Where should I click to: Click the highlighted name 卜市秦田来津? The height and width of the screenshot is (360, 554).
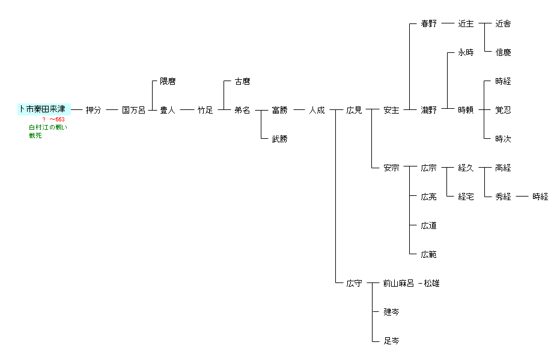tap(44, 109)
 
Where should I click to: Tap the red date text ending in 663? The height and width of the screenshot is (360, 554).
tap(53, 120)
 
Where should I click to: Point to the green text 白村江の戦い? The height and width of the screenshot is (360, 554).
tap(48, 127)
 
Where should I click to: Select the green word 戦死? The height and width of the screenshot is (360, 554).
tap(35, 135)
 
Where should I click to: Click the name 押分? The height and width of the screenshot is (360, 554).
tap(93, 110)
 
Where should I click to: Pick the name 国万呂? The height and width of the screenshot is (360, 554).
tap(133, 110)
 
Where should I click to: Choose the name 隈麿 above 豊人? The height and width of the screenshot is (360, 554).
tap(168, 81)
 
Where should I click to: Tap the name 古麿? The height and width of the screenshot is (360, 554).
tap(242, 81)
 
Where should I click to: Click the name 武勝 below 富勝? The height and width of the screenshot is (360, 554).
tap(279, 139)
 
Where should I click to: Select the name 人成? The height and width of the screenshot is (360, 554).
tap(317, 110)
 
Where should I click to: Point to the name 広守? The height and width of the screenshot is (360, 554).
tap(354, 283)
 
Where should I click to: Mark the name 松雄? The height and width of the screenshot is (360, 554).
tap(431, 283)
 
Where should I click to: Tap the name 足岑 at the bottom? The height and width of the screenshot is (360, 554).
tap(391, 341)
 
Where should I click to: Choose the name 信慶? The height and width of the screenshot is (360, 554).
tap(503, 52)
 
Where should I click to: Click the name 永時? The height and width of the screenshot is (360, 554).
tap(466, 52)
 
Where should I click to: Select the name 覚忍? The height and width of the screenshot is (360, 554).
tap(503, 110)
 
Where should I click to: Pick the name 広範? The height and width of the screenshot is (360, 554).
tap(428, 254)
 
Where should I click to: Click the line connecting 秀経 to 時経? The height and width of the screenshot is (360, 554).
tap(522, 197)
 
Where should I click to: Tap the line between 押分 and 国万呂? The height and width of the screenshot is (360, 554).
tap(112, 110)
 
